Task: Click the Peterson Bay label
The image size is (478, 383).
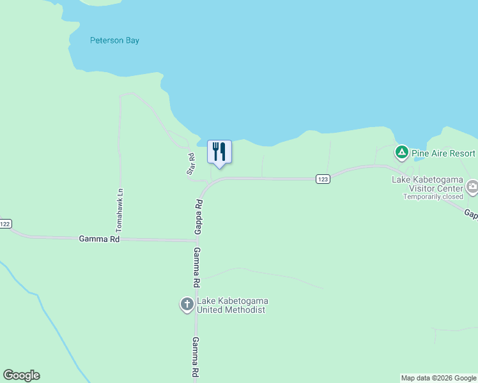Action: pos(114,40)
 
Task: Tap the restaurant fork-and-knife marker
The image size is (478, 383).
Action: pos(219,152)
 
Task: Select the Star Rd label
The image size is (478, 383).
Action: pos(190,164)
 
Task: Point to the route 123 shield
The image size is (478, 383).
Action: pos(323,179)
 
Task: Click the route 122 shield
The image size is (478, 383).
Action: pos(5,223)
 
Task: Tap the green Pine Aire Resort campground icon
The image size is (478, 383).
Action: pos(401,153)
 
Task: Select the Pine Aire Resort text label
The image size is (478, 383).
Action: pos(443,153)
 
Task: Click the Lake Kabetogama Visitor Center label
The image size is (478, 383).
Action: pos(427,184)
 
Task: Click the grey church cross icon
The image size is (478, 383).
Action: pos(187,304)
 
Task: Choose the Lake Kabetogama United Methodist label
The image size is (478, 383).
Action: pos(231,305)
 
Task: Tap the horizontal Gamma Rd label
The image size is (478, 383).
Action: pos(99,239)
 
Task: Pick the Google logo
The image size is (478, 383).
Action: pos(21,375)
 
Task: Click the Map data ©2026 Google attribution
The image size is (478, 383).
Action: pos(438,378)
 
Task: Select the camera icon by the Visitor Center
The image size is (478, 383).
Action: pos(472,186)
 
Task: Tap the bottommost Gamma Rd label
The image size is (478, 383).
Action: pos(196,357)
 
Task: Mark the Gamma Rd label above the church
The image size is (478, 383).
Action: pos(197,267)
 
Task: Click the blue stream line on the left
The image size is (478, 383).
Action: pos(45,313)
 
